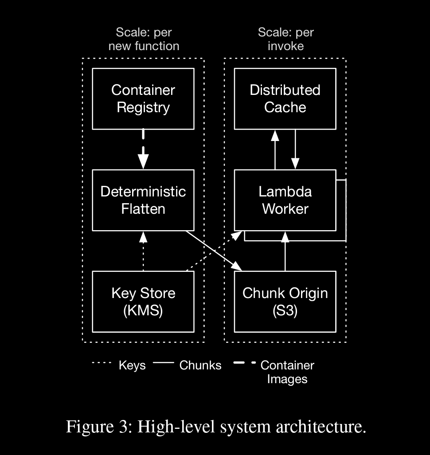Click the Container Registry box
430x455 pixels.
pyautogui.click(x=143, y=99)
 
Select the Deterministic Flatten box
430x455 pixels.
pyautogui.click(x=143, y=200)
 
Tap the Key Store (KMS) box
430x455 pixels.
pyautogui.click(x=143, y=302)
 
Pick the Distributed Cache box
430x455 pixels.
pyautogui.click(x=285, y=99)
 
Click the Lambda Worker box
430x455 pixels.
pyautogui.click(x=285, y=200)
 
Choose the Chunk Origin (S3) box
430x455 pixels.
pyautogui.click(x=285, y=302)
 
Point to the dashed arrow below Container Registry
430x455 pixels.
pyautogui.click(x=143, y=149)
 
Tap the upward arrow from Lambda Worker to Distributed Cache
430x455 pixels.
pyautogui.click(x=275, y=149)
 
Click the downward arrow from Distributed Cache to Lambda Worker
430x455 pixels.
pyautogui.click(x=295, y=149)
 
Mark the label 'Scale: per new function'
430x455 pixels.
pyautogui.click(x=144, y=39)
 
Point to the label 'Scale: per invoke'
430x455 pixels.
pyautogui.click(x=285, y=39)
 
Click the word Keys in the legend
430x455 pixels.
pyautogui.click(x=132, y=365)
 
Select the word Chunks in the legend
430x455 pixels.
pyautogui.click(x=200, y=365)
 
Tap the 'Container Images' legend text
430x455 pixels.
pyautogui.click(x=287, y=372)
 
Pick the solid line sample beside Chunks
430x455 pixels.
pyautogui.click(x=163, y=363)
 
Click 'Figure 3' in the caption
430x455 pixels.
pyautogui.click(x=98, y=427)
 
